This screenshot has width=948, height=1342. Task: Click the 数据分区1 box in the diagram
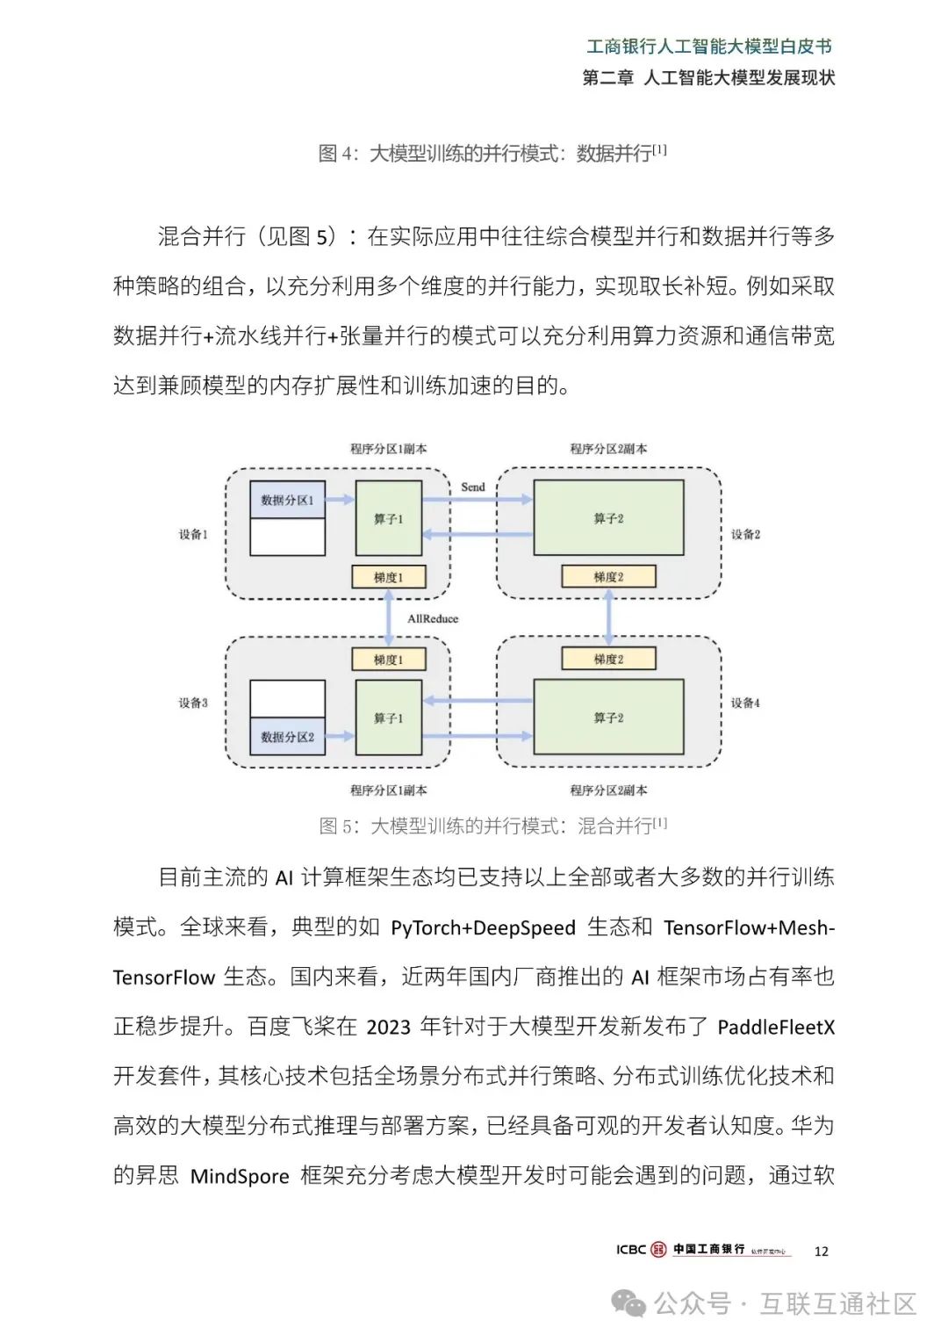coord(287,500)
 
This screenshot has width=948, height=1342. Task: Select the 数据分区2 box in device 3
coord(287,737)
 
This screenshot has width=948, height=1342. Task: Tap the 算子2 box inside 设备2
coord(608,518)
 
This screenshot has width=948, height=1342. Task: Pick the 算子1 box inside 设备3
coord(388,718)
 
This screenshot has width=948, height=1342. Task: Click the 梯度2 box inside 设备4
coord(608,659)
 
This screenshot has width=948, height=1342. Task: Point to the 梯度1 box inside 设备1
coord(388,577)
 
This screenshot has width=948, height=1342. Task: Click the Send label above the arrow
coord(473,487)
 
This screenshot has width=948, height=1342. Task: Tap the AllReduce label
coord(433,618)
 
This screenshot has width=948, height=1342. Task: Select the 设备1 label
coord(193,534)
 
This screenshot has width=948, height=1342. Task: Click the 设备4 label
coord(745,703)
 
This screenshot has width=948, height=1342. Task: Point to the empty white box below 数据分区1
coord(287,538)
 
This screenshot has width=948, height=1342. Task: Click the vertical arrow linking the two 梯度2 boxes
coord(608,617)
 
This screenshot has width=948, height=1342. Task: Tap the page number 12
coord(822,1251)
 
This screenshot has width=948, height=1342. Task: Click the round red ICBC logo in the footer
coord(658,1249)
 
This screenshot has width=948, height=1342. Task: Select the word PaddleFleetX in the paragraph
coord(776,1027)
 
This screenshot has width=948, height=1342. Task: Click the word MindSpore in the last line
coord(240,1176)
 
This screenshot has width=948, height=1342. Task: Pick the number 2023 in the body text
coord(388,1027)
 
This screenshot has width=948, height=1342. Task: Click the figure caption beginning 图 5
coord(492,826)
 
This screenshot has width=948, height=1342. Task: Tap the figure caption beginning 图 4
coord(492,154)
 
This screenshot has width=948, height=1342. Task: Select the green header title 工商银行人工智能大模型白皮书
coord(708,47)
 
